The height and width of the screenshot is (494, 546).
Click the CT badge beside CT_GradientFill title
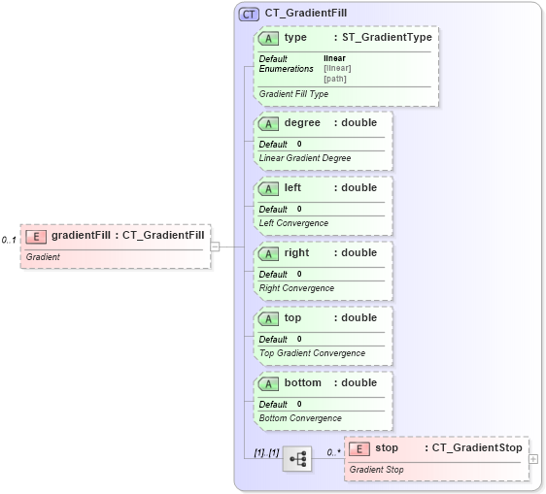click(249, 14)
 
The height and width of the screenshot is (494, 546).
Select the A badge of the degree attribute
click(269, 123)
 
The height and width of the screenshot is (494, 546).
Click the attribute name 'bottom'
click(302, 382)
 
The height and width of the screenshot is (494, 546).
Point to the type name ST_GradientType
click(387, 38)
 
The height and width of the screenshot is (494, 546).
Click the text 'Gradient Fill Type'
click(293, 94)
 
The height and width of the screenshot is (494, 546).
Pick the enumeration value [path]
click(335, 79)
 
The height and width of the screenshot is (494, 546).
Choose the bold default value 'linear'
click(334, 58)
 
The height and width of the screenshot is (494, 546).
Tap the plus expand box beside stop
click(533, 458)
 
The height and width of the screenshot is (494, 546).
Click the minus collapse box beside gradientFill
click(216, 247)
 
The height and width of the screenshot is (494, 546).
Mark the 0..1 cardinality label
click(10, 240)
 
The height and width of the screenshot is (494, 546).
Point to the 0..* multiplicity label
click(333, 452)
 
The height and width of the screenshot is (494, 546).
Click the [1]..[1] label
click(266, 452)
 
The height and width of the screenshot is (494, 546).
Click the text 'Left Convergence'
click(293, 223)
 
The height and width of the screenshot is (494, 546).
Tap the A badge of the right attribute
click(269, 253)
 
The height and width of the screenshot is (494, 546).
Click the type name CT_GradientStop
click(477, 447)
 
